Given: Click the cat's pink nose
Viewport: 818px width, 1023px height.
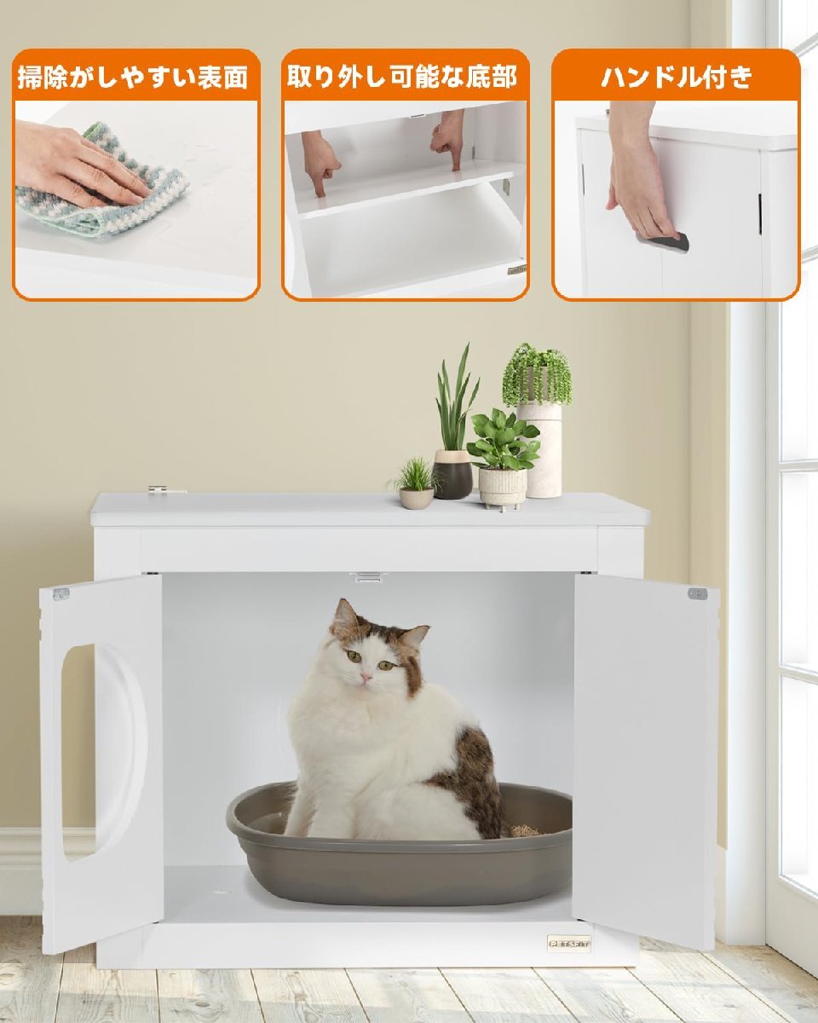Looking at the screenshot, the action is coord(366,677).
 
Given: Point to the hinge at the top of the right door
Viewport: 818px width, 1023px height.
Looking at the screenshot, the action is coord(697,593).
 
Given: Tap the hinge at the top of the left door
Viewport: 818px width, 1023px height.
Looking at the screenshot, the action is coord(60,593).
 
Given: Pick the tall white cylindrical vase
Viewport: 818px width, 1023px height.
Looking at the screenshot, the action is coord(539,450).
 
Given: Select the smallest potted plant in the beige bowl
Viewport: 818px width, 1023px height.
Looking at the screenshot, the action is coord(416,482).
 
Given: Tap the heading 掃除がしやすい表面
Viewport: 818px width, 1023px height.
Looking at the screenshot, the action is coord(133,77).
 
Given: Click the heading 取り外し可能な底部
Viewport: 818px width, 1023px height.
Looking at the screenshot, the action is coord(402,77).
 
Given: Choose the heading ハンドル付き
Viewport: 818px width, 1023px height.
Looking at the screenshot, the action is coord(677,77).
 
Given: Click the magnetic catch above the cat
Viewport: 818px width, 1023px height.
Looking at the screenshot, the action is coord(366,578).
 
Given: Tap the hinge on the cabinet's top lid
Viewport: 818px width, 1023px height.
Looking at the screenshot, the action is coord(167,489).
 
